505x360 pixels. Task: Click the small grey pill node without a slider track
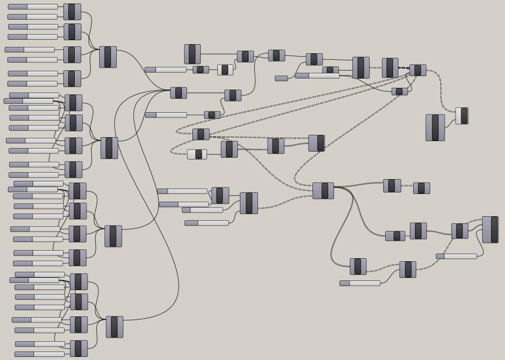point(281,78)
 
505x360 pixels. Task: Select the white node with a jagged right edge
point(462,116)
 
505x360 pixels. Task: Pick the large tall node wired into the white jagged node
point(435,128)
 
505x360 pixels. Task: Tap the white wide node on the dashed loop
point(197,154)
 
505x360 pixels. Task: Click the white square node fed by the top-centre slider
point(225,70)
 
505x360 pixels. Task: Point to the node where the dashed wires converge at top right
point(418,70)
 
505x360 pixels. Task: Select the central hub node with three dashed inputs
point(323,191)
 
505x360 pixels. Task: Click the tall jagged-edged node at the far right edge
point(490,229)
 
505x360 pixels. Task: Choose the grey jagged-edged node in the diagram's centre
point(317,143)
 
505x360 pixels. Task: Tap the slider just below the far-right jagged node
point(456,256)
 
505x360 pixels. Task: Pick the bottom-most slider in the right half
point(359,284)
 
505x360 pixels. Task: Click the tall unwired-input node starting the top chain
point(192,54)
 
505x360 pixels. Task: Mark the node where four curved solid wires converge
point(178,93)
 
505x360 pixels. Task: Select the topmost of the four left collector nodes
point(108,57)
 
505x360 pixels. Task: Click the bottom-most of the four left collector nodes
point(115,327)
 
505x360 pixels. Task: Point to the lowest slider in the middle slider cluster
point(206,223)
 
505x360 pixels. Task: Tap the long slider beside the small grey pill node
point(317,76)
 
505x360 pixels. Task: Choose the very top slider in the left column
point(33,7)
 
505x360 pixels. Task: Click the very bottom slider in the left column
point(39,354)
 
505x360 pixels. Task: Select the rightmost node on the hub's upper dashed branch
point(421,188)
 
